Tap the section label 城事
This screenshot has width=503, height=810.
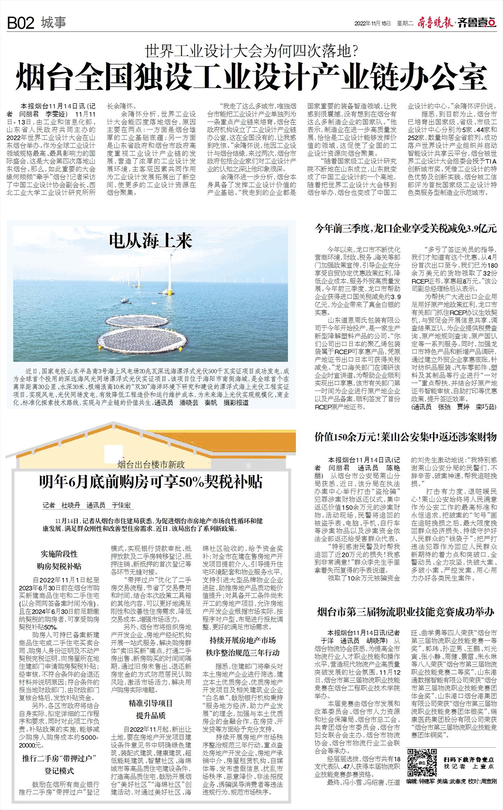tap(54, 23)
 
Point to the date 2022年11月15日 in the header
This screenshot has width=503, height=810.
tap(373, 23)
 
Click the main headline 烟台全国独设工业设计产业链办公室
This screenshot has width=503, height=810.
tap(251, 77)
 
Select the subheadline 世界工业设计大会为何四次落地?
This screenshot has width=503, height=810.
tap(251, 51)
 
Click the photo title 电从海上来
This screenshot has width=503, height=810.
tap(151, 241)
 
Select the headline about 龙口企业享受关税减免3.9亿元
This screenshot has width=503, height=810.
tap(405, 229)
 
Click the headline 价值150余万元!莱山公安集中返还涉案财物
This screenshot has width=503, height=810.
tap(405, 437)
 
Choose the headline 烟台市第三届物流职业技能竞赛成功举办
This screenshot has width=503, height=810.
tap(405, 612)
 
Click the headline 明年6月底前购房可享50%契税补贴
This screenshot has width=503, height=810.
tap(151, 482)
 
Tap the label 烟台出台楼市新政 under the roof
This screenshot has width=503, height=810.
tap(151, 464)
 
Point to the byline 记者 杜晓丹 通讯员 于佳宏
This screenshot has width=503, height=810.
tap(87, 505)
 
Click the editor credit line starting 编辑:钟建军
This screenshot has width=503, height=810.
tap(451, 791)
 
